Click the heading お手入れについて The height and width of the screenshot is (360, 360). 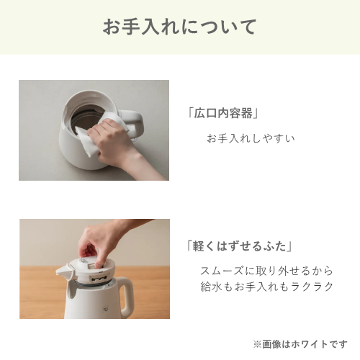pyautogui.click(x=180, y=27)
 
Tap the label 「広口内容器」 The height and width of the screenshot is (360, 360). pyautogui.click(x=223, y=113)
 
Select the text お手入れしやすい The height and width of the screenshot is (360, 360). pyautogui.click(x=251, y=138)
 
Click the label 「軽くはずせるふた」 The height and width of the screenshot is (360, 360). pyautogui.click(x=240, y=246)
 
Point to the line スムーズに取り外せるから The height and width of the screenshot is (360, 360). pyautogui.click(x=266, y=271)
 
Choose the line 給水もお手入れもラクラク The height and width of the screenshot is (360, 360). pyautogui.click(x=267, y=287)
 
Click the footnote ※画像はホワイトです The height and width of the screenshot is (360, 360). pyautogui.click(x=300, y=344)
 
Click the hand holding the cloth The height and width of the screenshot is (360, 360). pyautogui.click(x=113, y=142)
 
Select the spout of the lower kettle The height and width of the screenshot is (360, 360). pyautogui.click(x=63, y=271)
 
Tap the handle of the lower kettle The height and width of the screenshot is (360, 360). pyautogui.click(x=126, y=297)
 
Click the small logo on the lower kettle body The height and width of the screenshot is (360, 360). pyautogui.click(x=105, y=309)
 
